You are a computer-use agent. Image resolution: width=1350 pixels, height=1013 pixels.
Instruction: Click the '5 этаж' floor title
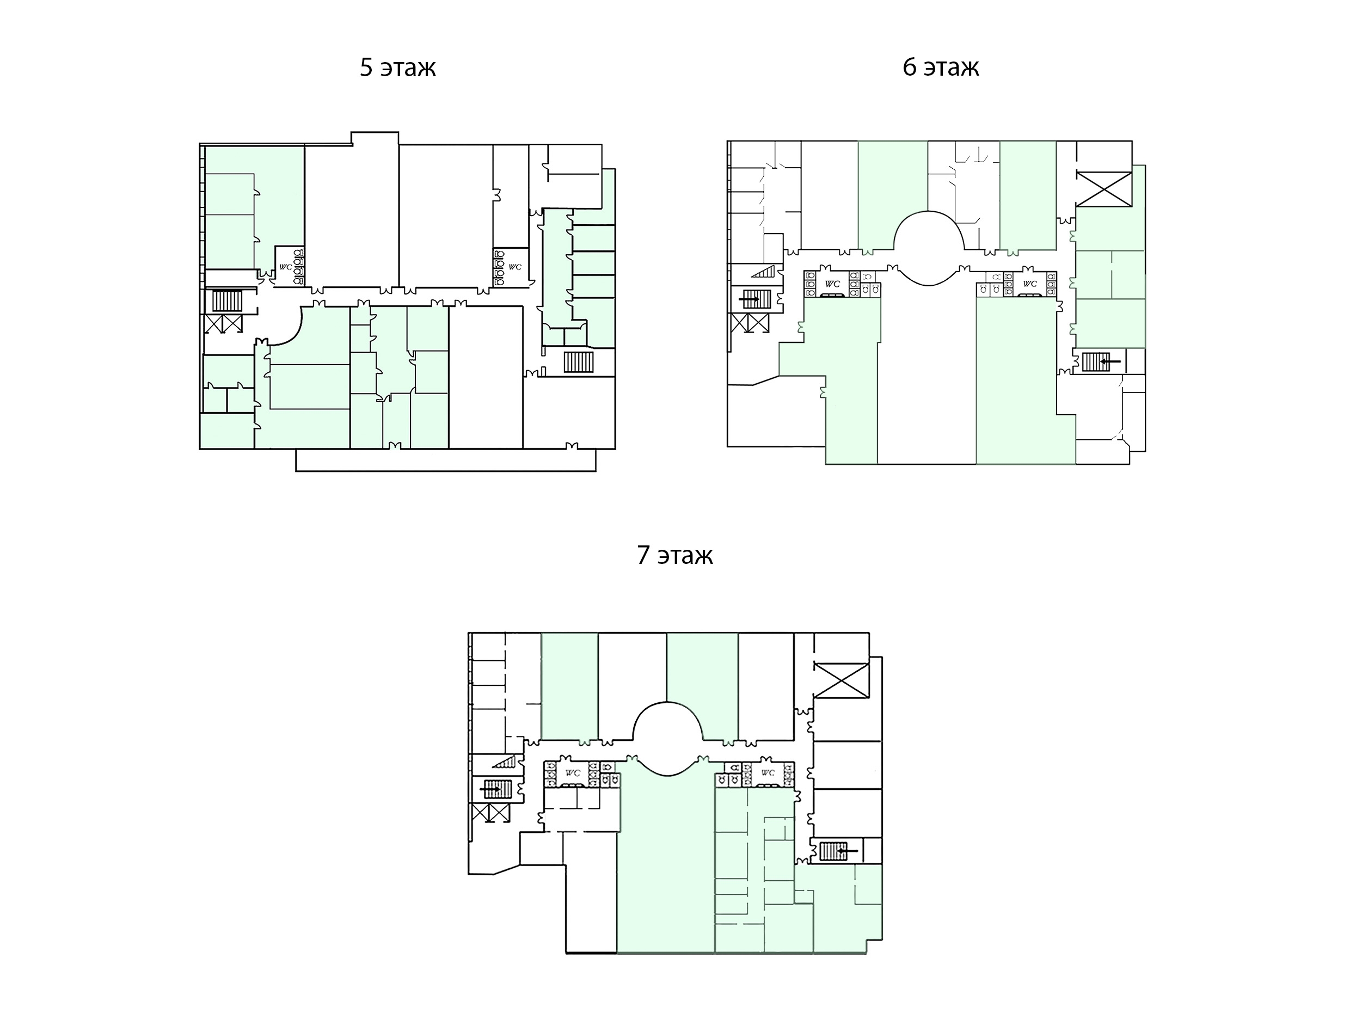pos(398,67)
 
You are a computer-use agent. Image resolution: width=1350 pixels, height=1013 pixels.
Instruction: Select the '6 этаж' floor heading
pos(941,67)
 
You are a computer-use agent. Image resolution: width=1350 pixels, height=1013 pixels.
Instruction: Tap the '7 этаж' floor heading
pos(675,555)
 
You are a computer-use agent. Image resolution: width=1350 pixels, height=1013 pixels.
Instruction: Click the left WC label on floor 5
pos(286,267)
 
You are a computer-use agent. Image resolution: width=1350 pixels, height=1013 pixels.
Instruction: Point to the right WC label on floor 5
pos(515,267)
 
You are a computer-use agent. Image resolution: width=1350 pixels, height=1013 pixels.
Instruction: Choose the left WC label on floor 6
pos(832,284)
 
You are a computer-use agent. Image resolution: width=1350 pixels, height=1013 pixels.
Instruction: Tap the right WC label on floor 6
pos(1029,284)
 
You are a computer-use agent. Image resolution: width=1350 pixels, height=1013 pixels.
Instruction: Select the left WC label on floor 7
pos(573,773)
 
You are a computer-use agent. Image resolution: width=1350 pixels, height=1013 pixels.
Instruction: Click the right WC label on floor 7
pos(768,773)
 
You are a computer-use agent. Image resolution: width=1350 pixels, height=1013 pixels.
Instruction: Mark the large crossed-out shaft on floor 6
pos(1104,189)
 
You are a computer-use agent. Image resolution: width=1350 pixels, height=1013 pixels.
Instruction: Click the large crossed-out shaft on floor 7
pos(842,680)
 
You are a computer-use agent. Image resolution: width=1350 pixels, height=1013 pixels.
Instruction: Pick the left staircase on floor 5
pos(228,302)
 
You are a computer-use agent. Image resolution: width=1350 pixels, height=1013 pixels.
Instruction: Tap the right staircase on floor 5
pos(579,362)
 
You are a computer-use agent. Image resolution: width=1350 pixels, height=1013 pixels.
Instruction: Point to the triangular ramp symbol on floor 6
pos(765,271)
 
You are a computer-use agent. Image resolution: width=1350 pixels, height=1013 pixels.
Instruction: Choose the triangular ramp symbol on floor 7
pos(505,762)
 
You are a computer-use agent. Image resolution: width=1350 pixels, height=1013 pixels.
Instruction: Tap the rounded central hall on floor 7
pos(668,739)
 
